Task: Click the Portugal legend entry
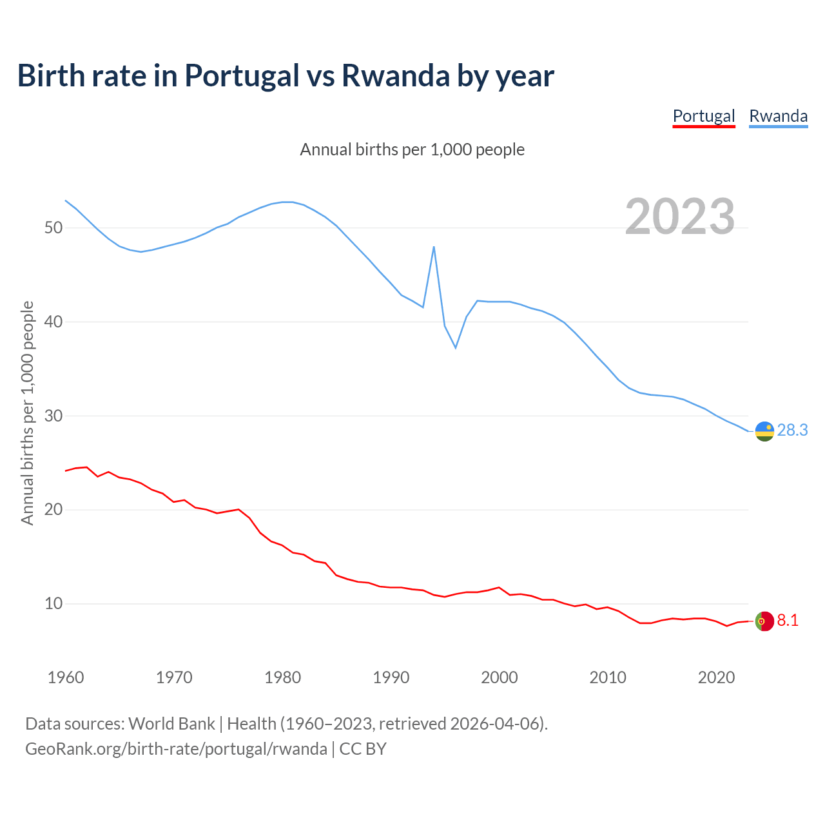[x=704, y=116]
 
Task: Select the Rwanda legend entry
[x=778, y=116]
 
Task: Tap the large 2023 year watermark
[x=680, y=217]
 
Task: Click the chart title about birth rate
[x=286, y=75]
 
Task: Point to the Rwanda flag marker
[x=764, y=431]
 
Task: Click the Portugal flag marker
[x=764, y=621]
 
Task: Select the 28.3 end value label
[x=792, y=430]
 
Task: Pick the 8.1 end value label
[x=788, y=620]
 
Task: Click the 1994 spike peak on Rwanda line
[x=434, y=247]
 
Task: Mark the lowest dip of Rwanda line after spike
[x=456, y=347]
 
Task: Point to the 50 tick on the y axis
[x=53, y=228]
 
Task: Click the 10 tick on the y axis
[x=53, y=604]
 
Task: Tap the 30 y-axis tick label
[x=53, y=416]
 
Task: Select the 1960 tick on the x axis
[x=66, y=677]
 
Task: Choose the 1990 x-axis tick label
[x=391, y=677]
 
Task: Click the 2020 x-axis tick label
[x=716, y=677]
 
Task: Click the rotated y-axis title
[x=27, y=413]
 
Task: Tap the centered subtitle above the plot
[x=412, y=150]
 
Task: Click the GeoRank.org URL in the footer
[x=176, y=749]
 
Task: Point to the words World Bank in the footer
[x=171, y=723]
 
